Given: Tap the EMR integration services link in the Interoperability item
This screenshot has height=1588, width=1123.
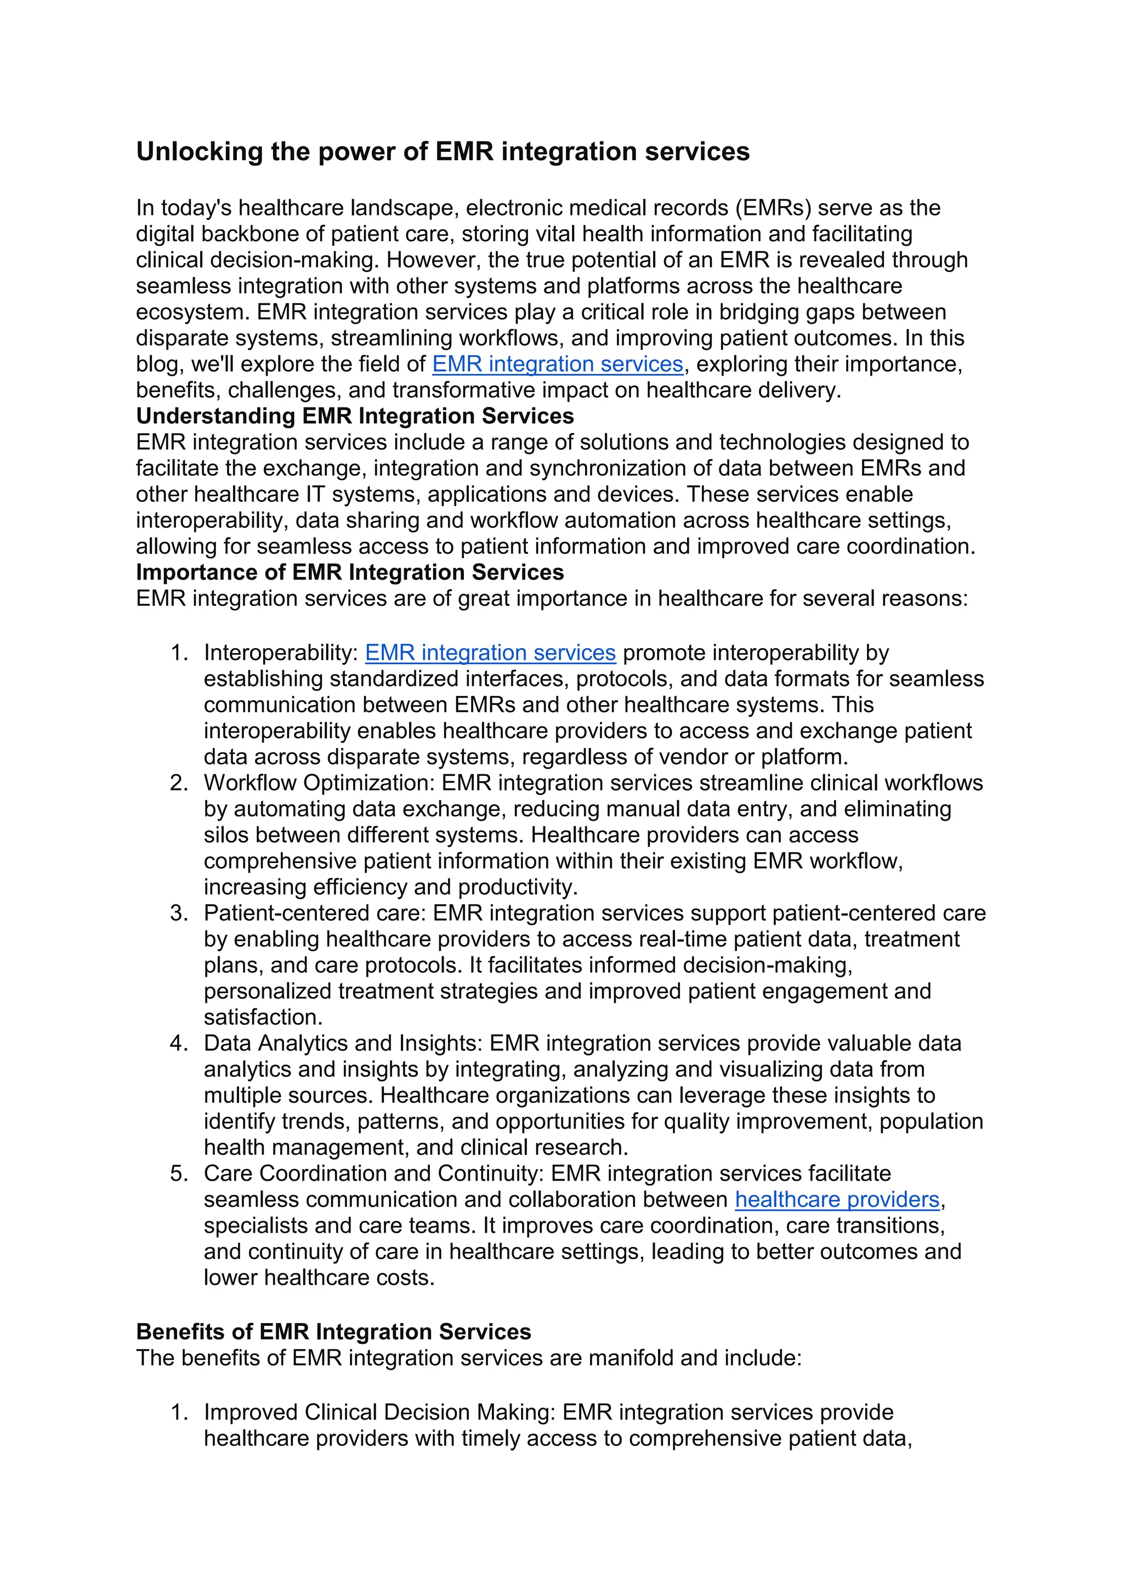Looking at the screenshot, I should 490,652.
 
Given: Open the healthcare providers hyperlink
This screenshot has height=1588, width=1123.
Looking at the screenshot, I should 837,1199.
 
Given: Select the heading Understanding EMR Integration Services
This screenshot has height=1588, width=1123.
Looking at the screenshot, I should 355,416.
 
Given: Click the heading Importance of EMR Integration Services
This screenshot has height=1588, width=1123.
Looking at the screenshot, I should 350,572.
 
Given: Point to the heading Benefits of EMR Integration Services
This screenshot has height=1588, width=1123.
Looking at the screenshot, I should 333,1332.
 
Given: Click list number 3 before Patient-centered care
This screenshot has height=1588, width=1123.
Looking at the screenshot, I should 179,913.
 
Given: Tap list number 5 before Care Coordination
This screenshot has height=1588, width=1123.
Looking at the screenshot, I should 179,1173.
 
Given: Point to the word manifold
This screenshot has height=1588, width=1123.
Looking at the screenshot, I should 631,1358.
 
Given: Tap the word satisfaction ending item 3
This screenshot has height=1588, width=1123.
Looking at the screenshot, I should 263,1017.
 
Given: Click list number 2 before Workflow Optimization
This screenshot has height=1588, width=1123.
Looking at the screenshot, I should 179,783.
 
